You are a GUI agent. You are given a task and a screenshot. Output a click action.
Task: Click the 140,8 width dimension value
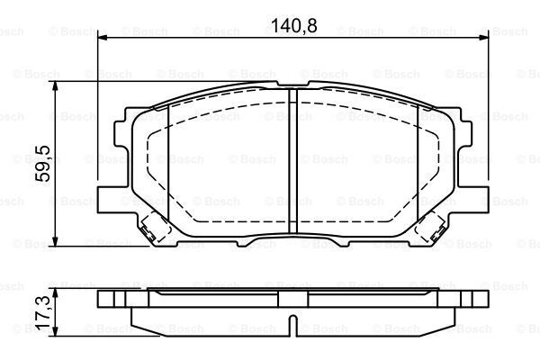click(294, 25)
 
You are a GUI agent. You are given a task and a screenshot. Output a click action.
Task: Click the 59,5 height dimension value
click(43, 164)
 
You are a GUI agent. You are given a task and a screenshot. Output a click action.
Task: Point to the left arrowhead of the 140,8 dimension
click(103, 37)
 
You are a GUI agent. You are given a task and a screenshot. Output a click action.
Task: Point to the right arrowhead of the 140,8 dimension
click(484, 37)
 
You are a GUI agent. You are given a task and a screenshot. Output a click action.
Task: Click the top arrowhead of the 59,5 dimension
click(55, 86)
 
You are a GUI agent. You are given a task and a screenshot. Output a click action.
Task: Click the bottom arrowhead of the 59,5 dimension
click(55, 241)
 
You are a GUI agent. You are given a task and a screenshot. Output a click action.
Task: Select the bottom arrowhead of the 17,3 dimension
click(55, 331)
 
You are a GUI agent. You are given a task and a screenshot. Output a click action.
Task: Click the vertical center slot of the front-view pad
click(292, 161)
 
